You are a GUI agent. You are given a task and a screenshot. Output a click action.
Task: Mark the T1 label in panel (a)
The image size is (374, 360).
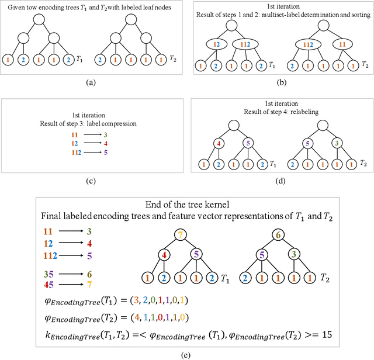[x=80, y=59]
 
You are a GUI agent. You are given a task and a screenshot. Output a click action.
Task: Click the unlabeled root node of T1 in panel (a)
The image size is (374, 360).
[x=39, y=19]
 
